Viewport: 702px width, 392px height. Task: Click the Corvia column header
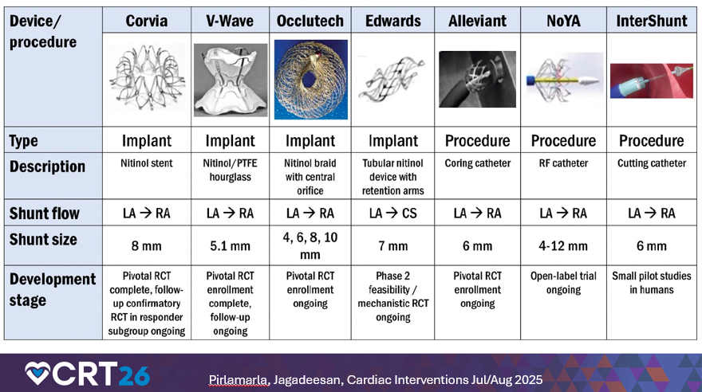coord(146,21)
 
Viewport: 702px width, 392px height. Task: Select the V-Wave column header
coord(231,21)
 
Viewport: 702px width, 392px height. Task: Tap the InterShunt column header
coord(652,21)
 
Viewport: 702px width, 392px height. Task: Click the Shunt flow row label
coord(46,214)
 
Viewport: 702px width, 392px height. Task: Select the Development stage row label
coord(53,290)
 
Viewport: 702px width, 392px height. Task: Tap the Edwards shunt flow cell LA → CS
coord(393,214)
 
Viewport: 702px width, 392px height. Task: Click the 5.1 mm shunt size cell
coord(231,246)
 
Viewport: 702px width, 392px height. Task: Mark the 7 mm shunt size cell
coord(393,246)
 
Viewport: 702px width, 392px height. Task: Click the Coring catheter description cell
coord(477,163)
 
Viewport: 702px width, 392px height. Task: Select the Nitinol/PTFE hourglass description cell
coord(231,170)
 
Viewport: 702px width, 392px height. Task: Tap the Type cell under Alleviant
coord(477,141)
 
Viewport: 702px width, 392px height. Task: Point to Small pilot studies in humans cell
coord(651,284)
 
